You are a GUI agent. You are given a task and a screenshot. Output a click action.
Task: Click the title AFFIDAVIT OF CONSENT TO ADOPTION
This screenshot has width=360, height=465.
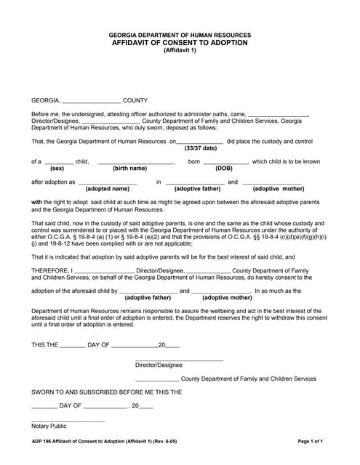[180, 43]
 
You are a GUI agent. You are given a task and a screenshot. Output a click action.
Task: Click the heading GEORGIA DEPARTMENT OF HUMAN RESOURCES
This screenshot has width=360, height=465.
[180, 35]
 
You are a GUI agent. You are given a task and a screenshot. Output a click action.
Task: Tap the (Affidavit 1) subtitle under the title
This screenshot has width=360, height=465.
[180, 51]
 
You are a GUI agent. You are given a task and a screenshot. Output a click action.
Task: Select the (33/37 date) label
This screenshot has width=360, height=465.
[200, 147]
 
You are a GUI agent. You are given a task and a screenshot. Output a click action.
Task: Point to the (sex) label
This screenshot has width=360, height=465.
[57, 168]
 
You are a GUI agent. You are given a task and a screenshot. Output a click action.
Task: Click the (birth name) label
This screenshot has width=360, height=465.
[129, 168]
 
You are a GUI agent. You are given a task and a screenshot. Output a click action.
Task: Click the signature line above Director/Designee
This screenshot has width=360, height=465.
[179, 360]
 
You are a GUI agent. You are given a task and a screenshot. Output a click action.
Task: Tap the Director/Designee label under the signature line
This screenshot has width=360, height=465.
[159, 365]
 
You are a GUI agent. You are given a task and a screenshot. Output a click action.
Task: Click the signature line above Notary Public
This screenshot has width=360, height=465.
[68, 421]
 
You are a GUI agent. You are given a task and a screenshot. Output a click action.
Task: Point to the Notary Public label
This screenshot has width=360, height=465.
[49, 426]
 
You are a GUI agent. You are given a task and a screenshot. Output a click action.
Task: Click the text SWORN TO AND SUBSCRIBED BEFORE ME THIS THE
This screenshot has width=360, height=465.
[106, 392]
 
